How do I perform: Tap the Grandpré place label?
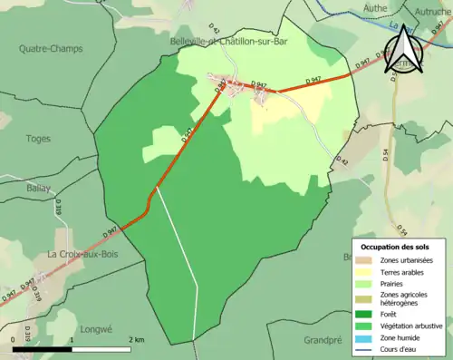point(323,341)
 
